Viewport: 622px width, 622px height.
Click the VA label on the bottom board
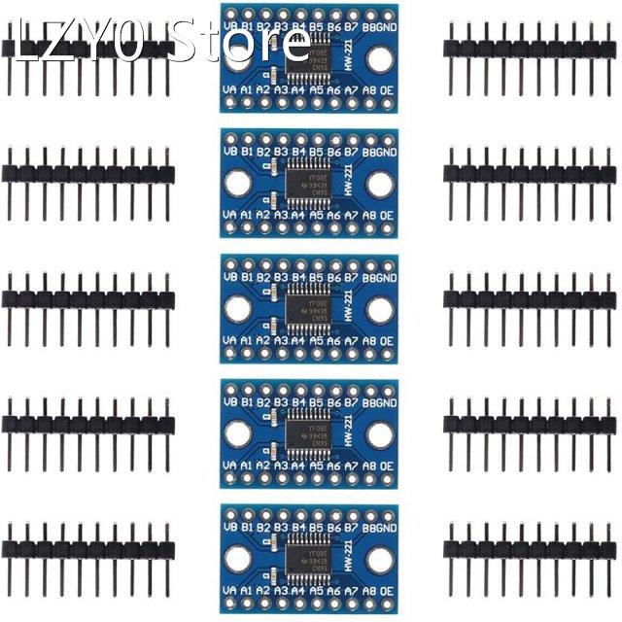click(x=230, y=591)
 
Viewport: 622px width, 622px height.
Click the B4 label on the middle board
click(x=299, y=278)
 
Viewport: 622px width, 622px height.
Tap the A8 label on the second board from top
click(x=368, y=215)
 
